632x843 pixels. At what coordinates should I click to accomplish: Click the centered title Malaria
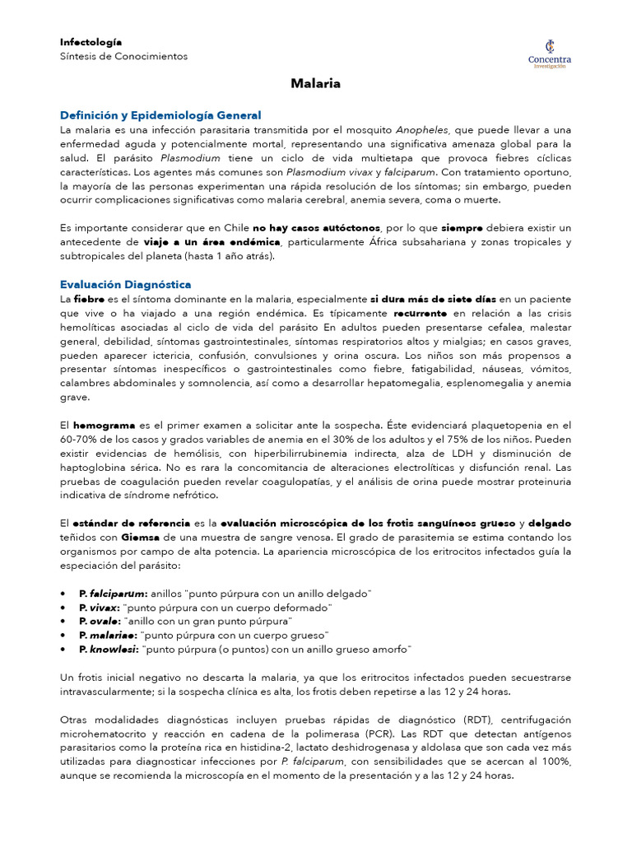point(316,84)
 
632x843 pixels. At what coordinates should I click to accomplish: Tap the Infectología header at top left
point(91,41)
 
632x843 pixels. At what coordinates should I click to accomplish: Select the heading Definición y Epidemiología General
point(160,115)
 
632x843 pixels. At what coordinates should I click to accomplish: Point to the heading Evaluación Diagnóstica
point(126,283)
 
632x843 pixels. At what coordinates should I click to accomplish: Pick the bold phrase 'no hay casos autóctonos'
point(316,227)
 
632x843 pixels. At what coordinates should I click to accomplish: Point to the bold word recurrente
point(420,313)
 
